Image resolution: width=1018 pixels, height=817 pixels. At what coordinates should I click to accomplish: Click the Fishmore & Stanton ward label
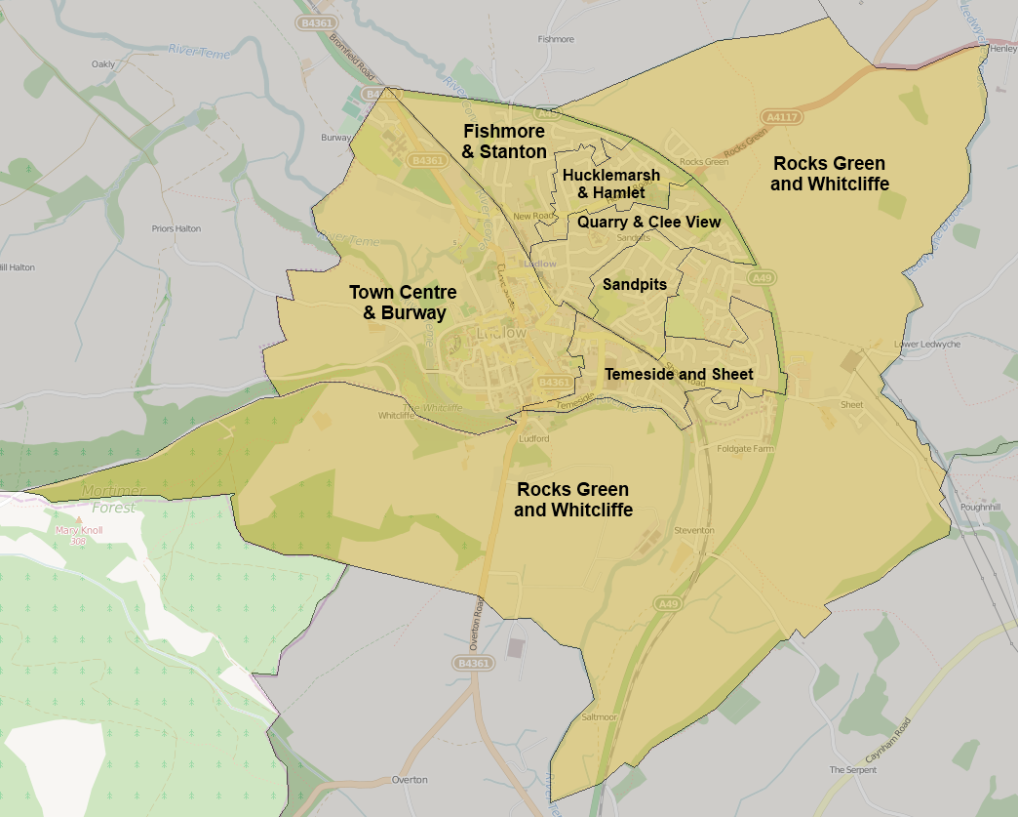pyautogui.click(x=504, y=141)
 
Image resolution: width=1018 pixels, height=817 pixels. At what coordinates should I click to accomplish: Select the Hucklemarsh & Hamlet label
pyautogui.click(x=611, y=184)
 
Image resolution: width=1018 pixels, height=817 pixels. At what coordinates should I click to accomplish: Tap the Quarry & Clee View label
pyautogui.click(x=648, y=223)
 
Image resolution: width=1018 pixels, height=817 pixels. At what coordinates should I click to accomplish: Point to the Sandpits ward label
pyautogui.click(x=635, y=285)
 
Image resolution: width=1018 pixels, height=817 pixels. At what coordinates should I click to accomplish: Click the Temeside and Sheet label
pyautogui.click(x=679, y=374)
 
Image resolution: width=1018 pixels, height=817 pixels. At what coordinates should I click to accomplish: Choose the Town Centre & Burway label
pyautogui.click(x=403, y=303)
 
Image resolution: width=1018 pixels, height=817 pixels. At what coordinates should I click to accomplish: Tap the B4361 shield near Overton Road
pyautogui.click(x=472, y=663)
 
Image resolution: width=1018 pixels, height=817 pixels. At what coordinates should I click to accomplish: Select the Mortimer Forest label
pyautogui.click(x=113, y=498)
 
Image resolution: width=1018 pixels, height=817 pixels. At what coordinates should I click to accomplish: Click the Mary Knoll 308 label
pyautogui.click(x=79, y=535)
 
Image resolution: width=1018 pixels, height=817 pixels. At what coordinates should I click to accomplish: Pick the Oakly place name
pyautogui.click(x=103, y=64)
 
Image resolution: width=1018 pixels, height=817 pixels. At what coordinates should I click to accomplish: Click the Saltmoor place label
pyautogui.click(x=600, y=716)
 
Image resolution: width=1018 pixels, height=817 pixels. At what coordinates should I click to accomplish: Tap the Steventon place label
pyautogui.click(x=694, y=530)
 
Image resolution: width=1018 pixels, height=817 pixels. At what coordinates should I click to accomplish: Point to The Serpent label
pyautogui.click(x=853, y=770)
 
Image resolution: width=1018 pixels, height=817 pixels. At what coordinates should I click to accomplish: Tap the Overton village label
pyautogui.click(x=410, y=780)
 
